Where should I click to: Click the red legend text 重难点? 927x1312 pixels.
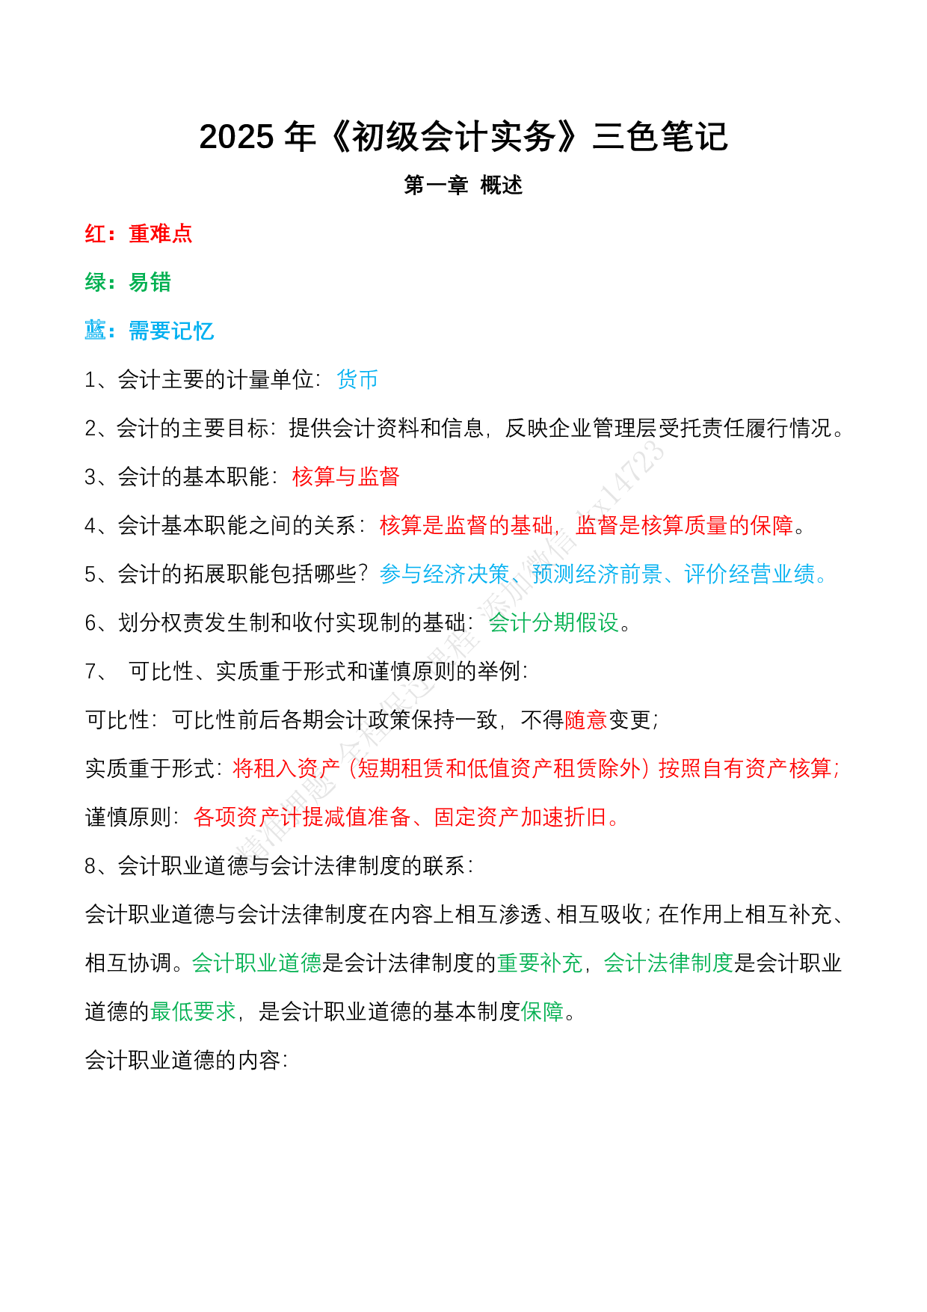(160, 234)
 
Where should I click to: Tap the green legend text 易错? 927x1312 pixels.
(150, 283)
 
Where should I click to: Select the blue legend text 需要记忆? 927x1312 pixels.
(171, 331)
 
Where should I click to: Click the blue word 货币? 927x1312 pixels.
(357, 380)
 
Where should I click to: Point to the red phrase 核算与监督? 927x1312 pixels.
(345, 477)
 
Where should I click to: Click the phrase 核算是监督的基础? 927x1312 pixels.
(466, 526)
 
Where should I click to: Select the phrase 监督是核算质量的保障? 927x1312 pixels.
(684, 526)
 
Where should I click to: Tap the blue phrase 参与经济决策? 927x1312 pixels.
(444, 574)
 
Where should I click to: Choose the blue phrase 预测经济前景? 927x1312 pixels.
(597, 574)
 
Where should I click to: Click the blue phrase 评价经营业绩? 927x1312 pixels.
(749, 574)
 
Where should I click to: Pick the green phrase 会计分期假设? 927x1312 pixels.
(553, 623)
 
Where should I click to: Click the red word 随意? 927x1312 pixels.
(585, 720)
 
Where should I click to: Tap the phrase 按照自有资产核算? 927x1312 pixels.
(745, 769)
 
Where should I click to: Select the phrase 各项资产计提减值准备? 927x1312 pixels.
(302, 818)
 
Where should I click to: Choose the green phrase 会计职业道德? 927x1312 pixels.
(256, 963)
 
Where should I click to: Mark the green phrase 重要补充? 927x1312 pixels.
(540, 963)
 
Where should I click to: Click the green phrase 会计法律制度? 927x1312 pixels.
(668, 963)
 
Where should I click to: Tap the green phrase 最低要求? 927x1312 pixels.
(193, 1012)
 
